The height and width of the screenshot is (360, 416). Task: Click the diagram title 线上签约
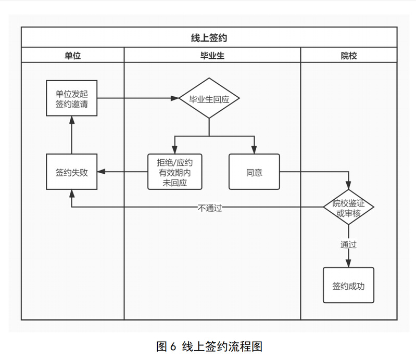coord(209,38)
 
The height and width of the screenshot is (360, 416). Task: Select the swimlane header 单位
coord(72,55)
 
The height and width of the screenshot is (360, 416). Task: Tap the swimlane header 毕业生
coord(212,55)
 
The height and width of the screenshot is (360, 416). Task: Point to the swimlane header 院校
coord(348,55)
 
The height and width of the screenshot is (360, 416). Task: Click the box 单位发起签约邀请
coord(71,98)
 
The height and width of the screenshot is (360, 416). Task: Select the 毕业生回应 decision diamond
coord(209,99)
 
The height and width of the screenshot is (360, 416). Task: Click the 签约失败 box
coord(71,172)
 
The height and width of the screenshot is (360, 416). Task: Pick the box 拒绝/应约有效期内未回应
coord(175,172)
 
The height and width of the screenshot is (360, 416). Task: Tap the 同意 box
coord(254,172)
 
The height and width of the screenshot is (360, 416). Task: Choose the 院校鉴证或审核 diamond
coord(348,207)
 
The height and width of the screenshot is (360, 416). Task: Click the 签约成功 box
coord(348,286)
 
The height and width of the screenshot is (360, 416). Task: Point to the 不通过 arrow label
coord(210,208)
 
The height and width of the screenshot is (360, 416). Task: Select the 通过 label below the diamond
coord(348,245)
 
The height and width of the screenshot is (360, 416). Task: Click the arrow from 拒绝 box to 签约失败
coord(123,172)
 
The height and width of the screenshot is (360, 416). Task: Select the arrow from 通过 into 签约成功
coord(348,260)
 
